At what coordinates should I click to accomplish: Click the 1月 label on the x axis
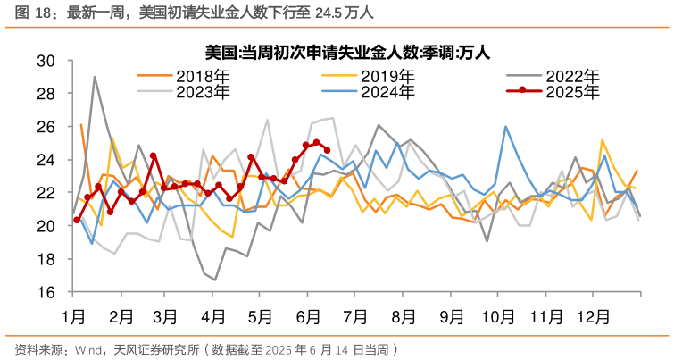tap(73, 316)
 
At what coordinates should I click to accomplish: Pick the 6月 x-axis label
tap(308, 316)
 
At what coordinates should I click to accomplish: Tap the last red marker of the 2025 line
tap(327, 150)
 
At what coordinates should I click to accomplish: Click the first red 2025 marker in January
tap(77, 220)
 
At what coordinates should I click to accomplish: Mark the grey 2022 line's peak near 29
tap(95, 77)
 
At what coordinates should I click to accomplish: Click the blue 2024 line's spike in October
tap(506, 126)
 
